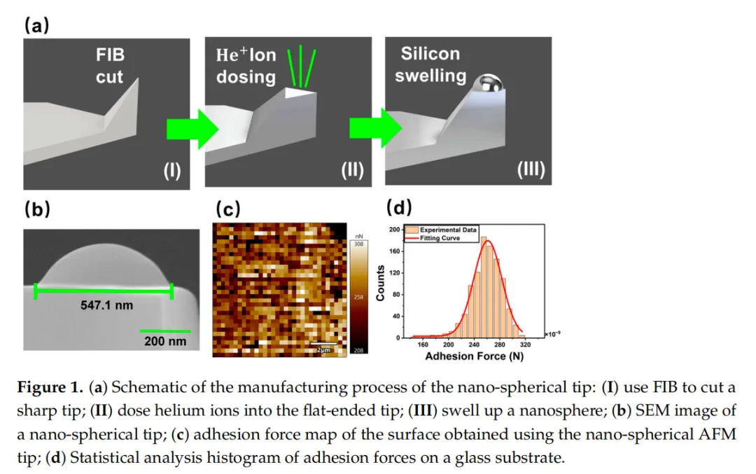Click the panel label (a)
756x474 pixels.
(x=36, y=26)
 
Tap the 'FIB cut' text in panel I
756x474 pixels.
(x=110, y=66)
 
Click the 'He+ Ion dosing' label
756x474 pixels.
(x=246, y=66)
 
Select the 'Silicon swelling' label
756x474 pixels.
(x=430, y=64)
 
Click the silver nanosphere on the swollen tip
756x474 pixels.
(x=487, y=85)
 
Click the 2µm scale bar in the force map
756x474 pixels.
(x=324, y=348)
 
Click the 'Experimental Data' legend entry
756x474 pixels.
(x=447, y=230)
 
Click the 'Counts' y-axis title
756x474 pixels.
(x=381, y=284)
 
